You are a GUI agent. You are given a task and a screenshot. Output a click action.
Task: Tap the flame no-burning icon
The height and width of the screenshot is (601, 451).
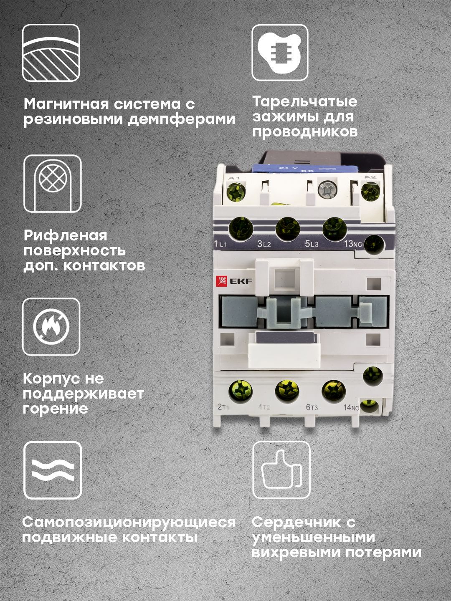pos(51,327)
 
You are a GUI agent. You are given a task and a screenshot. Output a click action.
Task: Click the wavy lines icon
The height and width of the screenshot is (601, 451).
pos(53,470)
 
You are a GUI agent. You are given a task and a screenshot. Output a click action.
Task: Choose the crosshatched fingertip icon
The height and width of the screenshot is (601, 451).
pos(53,184)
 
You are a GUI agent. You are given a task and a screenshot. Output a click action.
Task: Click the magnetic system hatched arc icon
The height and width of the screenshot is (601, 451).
pos(51,53)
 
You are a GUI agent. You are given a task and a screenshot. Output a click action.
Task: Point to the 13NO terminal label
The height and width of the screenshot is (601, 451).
pos(353,243)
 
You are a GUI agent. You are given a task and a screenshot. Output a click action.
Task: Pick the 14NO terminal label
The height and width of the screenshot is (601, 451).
pos(351,407)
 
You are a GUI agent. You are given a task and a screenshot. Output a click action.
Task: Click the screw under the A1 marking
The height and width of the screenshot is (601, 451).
pos(236,192)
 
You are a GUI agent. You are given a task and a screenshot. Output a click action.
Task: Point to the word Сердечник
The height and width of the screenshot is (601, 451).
pos(297,522)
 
